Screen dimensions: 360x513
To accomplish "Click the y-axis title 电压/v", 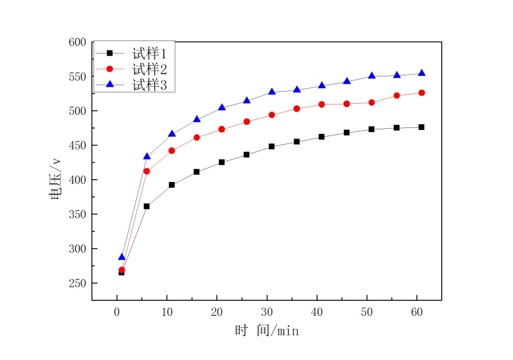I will tap(55, 179).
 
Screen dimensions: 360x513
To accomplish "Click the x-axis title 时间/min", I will tap(267, 330).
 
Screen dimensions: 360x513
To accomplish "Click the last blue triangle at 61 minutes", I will tap(422, 73).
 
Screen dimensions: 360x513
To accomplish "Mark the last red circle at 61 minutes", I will tap(422, 93).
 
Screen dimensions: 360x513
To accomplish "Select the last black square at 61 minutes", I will tap(422, 127).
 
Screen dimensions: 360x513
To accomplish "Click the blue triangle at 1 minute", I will tap(122, 257).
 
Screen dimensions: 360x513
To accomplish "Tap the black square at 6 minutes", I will tap(147, 206).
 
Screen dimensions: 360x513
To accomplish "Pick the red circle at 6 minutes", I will tap(147, 171).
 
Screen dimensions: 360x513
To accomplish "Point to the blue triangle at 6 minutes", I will tap(147, 156).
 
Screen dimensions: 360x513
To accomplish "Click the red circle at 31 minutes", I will tap(271, 115).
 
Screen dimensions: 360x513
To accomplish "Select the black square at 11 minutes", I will tap(172, 185).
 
